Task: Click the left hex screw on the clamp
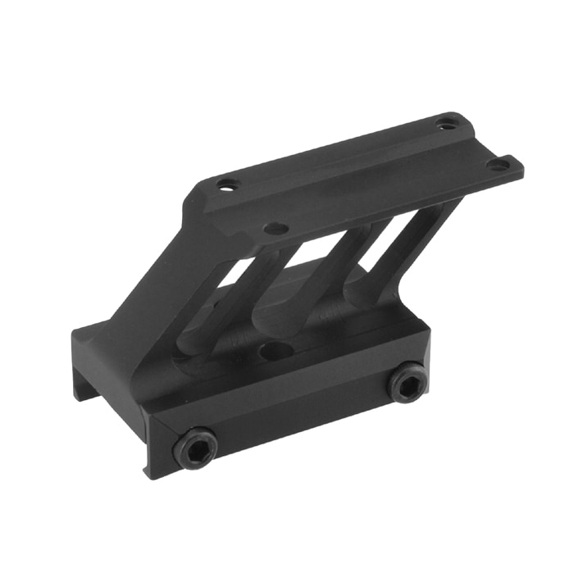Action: (195, 447)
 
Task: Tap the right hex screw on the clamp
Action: (407, 383)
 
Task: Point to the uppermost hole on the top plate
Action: (444, 125)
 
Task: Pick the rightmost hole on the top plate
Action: (498, 165)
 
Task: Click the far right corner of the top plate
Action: (522, 169)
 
